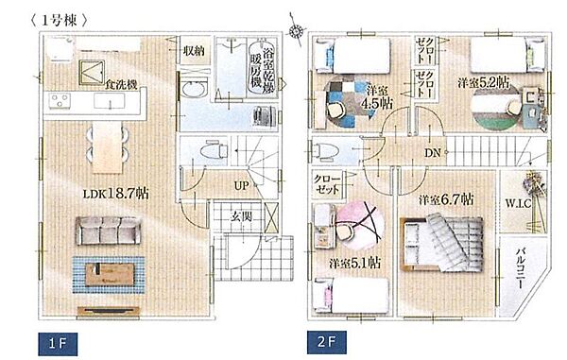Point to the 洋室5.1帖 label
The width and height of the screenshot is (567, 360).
point(355,262)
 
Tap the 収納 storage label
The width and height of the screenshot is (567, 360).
point(195,50)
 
